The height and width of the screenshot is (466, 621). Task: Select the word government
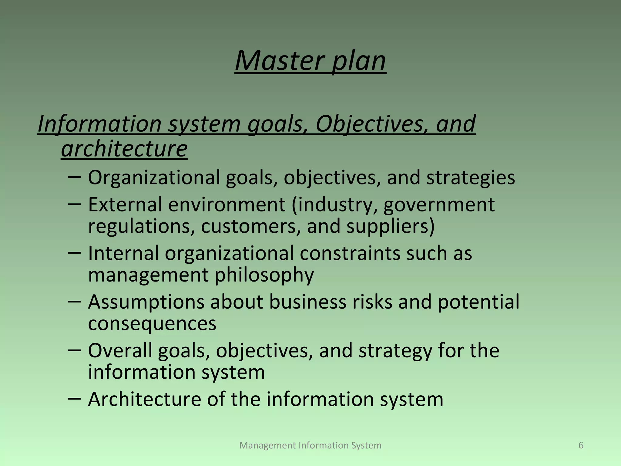pyautogui.click(x=439, y=205)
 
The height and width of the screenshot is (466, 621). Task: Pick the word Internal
pyautogui.click(x=123, y=253)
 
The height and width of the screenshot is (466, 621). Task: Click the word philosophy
pyautogui.click(x=264, y=275)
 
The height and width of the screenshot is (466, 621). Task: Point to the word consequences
pyautogui.click(x=152, y=323)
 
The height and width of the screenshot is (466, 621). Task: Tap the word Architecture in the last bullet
pyautogui.click(x=144, y=399)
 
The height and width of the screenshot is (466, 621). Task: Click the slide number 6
pyautogui.click(x=581, y=445)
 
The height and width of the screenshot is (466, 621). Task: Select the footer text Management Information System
pyautogui.click(x=310, y=445)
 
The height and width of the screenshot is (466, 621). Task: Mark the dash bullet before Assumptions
pyautogui.click(x=75, y=301)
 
